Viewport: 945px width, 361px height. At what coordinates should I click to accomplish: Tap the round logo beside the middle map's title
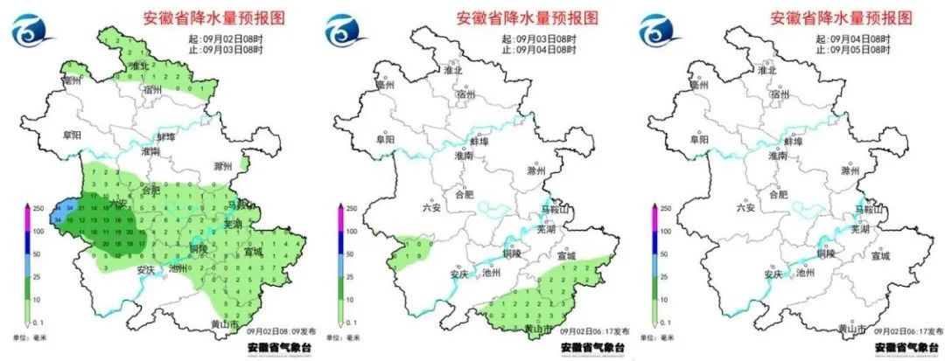pyautogui.click(x=346, y=32)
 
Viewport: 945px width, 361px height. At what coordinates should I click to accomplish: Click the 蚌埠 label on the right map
pyautogui.click(x=794, y=140)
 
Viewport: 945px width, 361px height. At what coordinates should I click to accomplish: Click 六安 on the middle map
pyautogui.click(x=430, y=207)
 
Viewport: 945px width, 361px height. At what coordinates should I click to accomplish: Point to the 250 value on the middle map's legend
pyautogui.click(x=351, y=208)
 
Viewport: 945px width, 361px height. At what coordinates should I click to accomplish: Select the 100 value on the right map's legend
pyautogui.click(x=667, y=232)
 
